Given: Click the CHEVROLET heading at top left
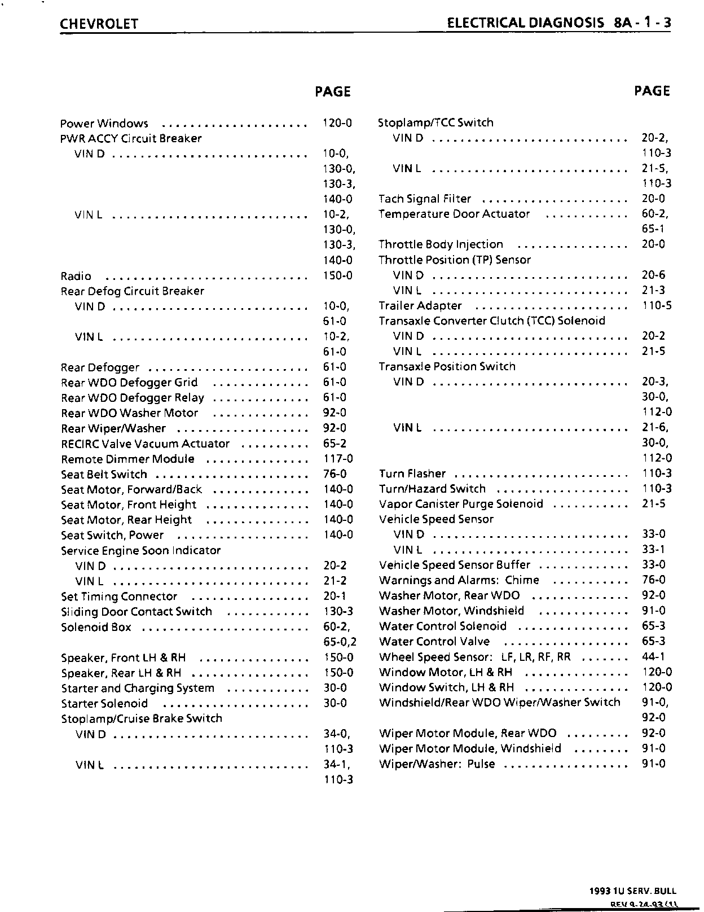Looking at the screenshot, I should (x=99, y=24).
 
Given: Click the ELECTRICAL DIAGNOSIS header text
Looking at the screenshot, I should (x=524, y=23).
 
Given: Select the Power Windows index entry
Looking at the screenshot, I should (x=104, y=124).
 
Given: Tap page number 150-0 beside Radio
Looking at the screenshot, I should (x=338, y=275).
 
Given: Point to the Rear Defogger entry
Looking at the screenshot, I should (x=100, y=367).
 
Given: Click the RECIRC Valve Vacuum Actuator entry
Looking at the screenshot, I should (x=146, y=444).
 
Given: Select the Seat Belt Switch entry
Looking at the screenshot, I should (x=104, y=475).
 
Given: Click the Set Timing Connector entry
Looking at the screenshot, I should (x=119, y=597).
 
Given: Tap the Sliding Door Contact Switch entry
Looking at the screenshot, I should (x=137, y=612).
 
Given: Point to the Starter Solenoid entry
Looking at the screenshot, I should (x=104, y=704).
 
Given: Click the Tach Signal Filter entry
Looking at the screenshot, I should (x=425, y=199).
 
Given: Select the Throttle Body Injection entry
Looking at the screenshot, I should (x=441, y=244).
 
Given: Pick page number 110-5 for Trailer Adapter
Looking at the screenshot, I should (x=657, y=305).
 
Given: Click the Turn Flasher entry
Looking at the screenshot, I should (x=412, y=473).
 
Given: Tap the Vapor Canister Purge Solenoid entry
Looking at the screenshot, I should (x=461, y=504).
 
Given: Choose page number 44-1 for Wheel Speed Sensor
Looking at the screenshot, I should (x=653, y=656).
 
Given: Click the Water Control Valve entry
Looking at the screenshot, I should (x=434, y=642).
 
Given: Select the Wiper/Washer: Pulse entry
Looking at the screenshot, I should (x=437, y=764).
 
